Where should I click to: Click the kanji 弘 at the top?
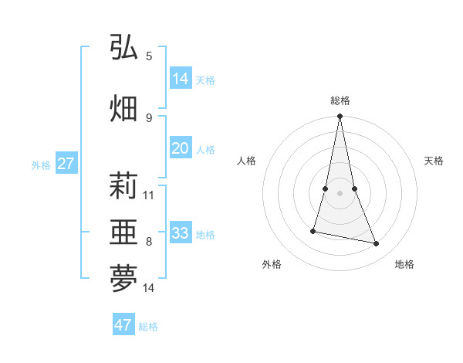coord(123,48)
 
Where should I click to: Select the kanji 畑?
coord(123,107)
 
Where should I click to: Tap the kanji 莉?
coord(123,186)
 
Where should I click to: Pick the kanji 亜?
coord(123,232)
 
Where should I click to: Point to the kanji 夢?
coord(123,280)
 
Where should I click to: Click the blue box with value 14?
coord(181,78)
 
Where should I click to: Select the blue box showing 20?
coord(181,148)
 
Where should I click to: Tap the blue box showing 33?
coord(181,233)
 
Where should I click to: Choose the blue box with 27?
coord(66,164)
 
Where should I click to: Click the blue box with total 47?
coord(123,325)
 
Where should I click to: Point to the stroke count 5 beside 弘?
coord(149,56)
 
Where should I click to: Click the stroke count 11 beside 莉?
coord(149,195)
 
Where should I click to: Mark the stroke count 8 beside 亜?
coord(149,242)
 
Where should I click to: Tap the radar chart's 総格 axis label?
coord(340,100)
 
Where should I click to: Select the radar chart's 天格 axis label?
coord(434,161)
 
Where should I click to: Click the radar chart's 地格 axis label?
coord(404,264)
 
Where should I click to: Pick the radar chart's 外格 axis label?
coord(272,264)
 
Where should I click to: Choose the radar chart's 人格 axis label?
coord(247,161)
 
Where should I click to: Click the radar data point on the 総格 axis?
coord(340,117)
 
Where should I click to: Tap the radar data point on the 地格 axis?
coord(377,243)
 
